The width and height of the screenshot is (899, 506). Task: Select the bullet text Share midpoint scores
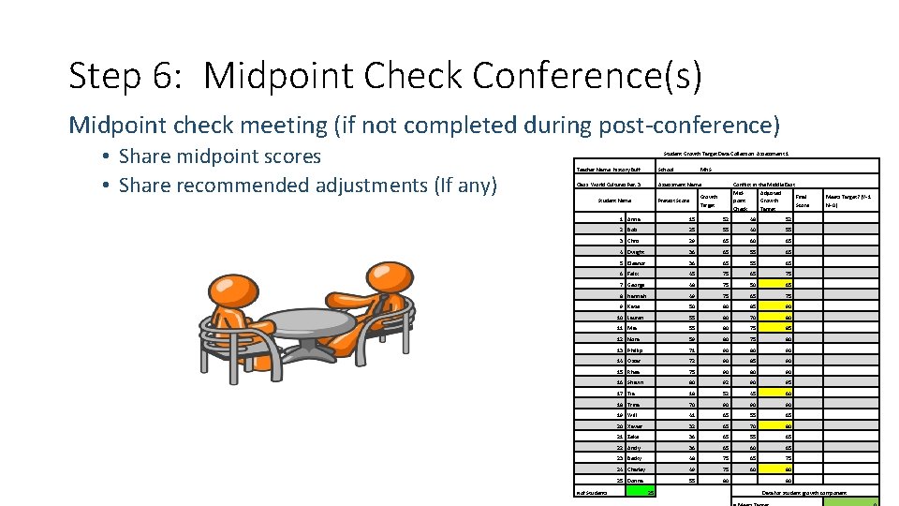pos(220,156)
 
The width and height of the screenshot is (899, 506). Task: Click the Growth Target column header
pos(709,201)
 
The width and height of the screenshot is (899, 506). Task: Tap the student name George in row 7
pos(637,284)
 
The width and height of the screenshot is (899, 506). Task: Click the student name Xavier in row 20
pos(636,425)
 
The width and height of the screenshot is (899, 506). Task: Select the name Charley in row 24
pos(637,469)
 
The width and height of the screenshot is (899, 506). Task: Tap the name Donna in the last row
pos(636,480)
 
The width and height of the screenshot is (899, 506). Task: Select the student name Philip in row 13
pos(636,350)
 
